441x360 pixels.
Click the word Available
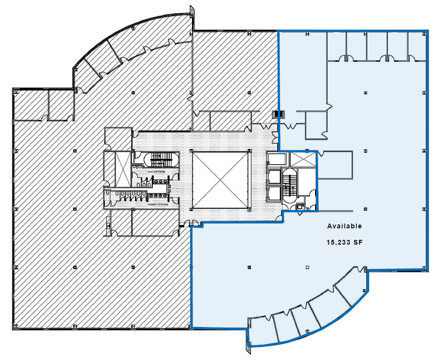pyautogui.click(x=344, y=226)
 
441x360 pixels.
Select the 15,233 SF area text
pyautogui.click(x=344, y=243)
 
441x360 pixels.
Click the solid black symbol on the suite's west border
pyautogui.click(x=278, y=114)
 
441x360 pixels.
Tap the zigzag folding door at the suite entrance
pyautogui.click(x=291, y=125)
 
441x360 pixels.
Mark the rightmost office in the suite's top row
pyautogui.click(x=417, y=46)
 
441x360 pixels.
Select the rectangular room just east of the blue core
pyautogui.click(x=335, y=165)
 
